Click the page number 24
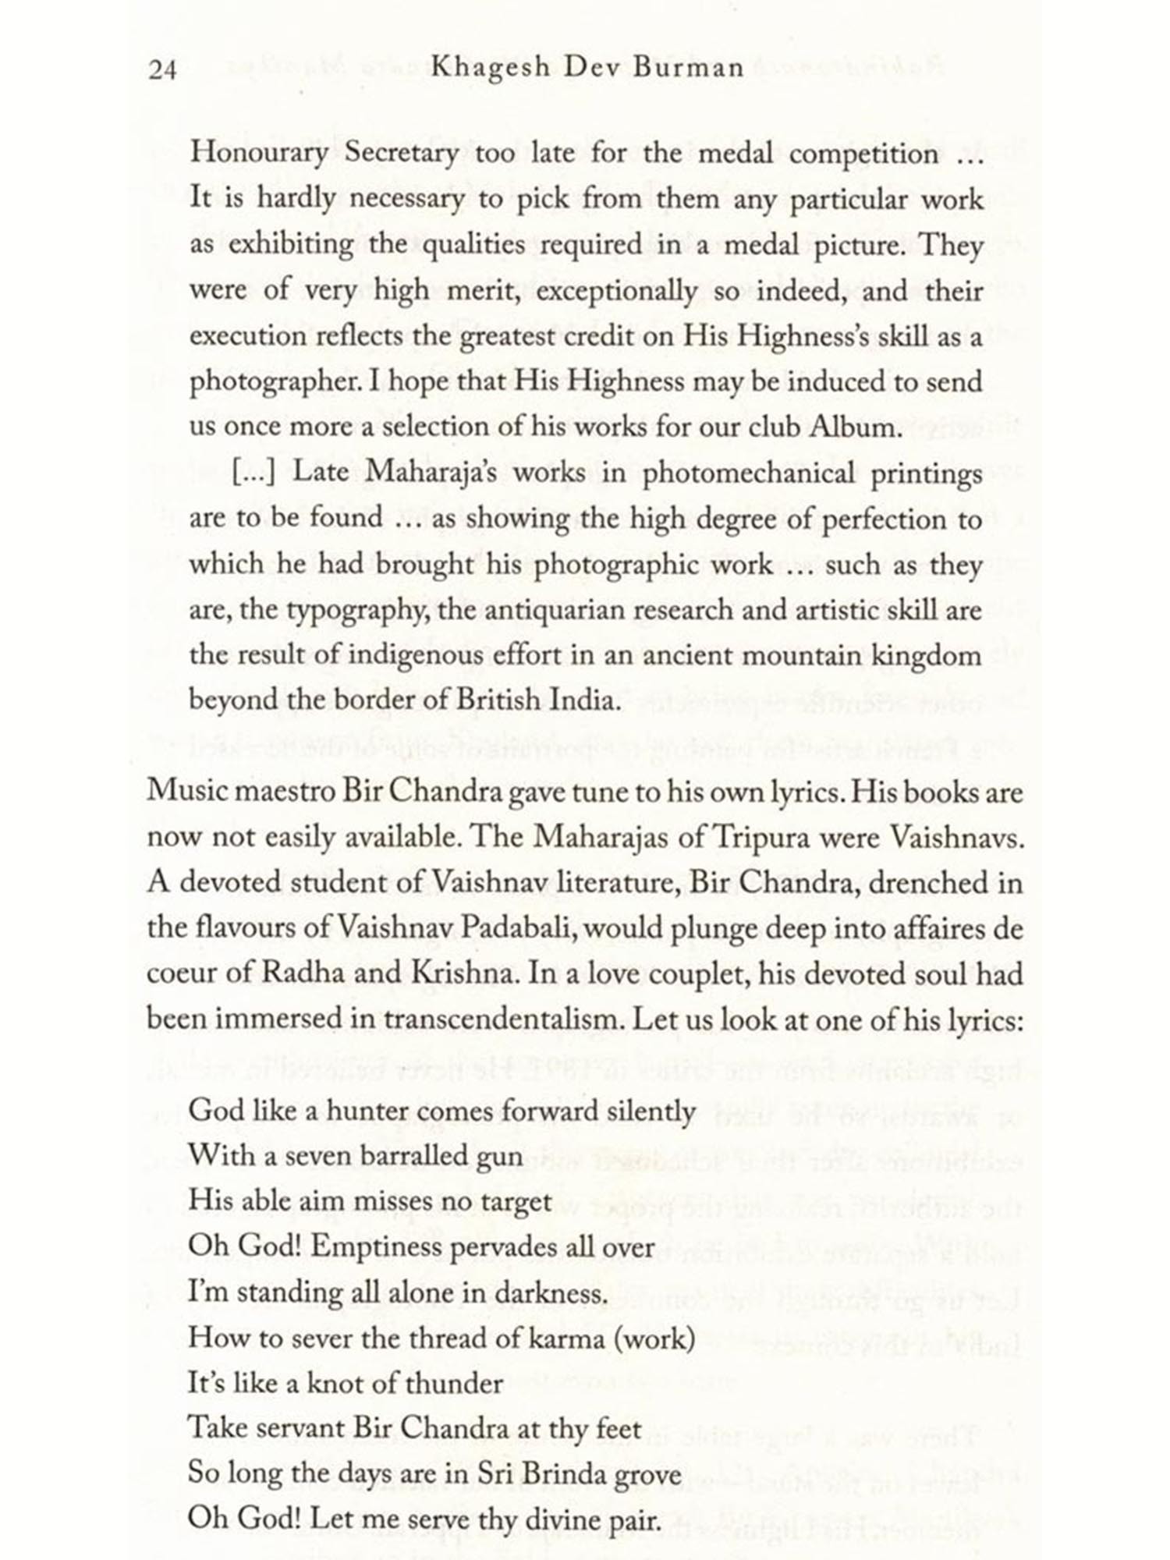[162, 70]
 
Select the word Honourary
[259, 153]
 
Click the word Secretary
[401, 153]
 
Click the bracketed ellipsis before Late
[254, 473]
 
